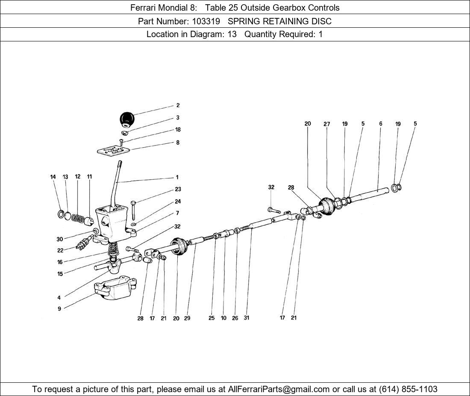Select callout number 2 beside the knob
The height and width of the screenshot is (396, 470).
178,105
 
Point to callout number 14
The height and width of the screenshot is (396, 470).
53,177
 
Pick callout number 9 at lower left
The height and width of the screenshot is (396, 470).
59,309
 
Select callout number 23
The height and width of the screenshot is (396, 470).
178,189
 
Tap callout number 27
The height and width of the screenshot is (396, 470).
327,124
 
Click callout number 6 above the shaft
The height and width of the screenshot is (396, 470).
381,124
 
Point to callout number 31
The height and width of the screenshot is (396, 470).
247,318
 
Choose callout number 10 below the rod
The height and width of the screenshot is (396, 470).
223,318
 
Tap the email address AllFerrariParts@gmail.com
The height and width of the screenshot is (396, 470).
279,389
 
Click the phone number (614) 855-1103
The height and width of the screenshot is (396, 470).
408,389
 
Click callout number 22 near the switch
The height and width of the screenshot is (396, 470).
60,250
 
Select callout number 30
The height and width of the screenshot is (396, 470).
59,239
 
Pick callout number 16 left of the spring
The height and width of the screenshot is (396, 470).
60,262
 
